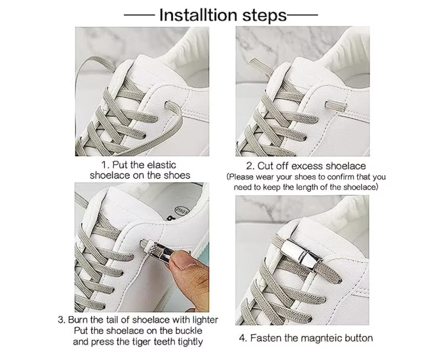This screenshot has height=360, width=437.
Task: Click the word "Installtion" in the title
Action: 198,15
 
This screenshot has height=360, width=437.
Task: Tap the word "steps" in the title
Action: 264,16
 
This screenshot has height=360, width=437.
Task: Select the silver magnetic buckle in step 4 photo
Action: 301,251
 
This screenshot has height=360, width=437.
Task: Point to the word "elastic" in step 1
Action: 162,164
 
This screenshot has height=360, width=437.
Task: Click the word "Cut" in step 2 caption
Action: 265,166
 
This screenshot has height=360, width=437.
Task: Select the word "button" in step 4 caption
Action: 359,338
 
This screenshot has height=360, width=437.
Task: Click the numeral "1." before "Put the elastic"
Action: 105,165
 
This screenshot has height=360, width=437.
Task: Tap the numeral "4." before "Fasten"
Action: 243,338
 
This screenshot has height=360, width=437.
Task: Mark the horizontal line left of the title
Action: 139,15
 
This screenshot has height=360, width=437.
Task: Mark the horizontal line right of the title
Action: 302,15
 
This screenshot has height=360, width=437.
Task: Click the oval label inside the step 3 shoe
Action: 181,210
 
